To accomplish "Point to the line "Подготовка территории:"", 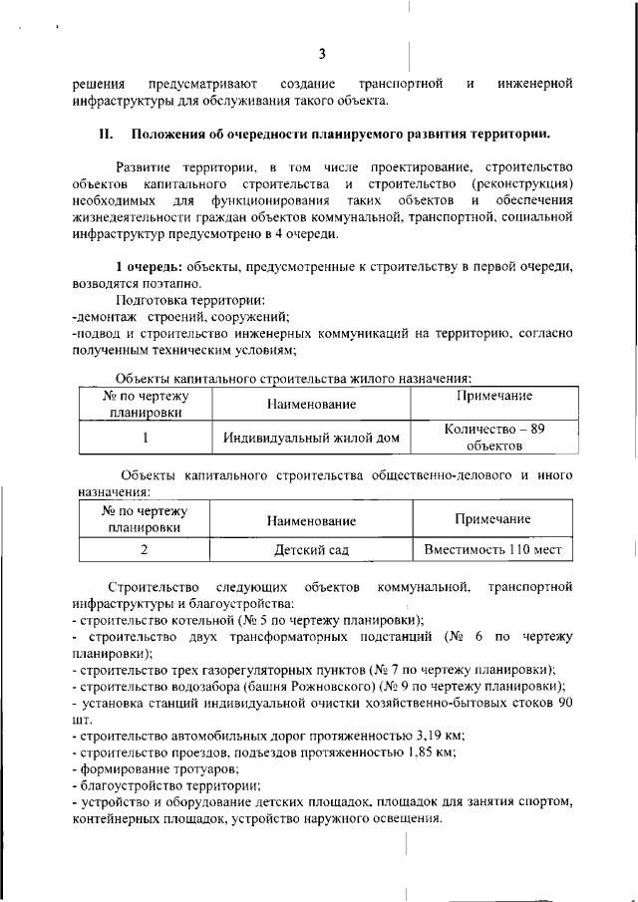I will coord(189,300).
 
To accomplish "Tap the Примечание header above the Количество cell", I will coord(494,397).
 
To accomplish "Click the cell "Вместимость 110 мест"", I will coord(493,549).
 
